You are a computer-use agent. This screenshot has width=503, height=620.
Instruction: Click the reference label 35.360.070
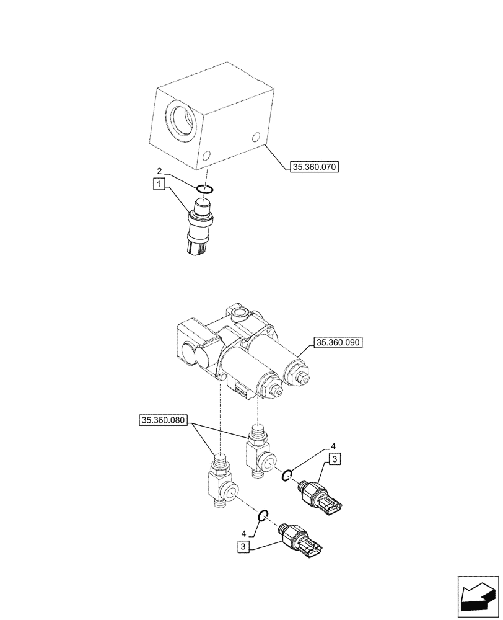coord(314,166)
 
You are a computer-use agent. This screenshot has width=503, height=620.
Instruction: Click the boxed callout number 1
coord(160,184)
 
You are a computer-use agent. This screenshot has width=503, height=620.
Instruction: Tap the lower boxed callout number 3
coord(244,546)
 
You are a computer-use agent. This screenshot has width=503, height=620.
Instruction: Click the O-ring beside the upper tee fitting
coord(287,476)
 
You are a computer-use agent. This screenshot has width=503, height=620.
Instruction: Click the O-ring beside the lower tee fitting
coord(263,514)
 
